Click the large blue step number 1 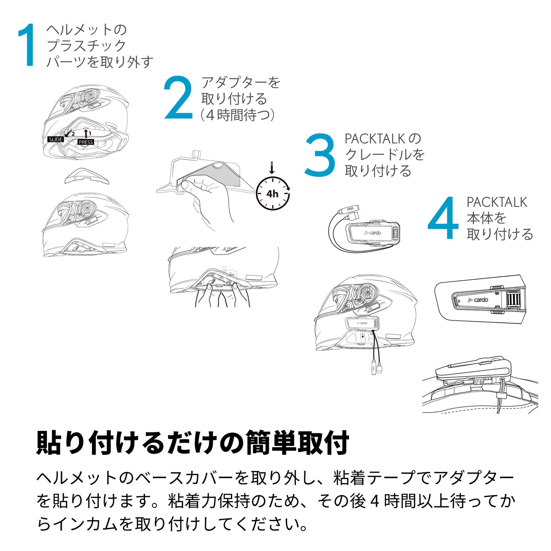tap(27, 45)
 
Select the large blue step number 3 tap(320, 154)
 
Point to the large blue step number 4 tap(443, 218)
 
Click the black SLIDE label tap(55, 139)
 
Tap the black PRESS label tap(86, 142)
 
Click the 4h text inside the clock tap(272, 194)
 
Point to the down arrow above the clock tap(271, 168)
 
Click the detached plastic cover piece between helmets tap(87, 175)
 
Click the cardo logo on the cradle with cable tap(372, 233)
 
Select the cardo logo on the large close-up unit tap(478, 300)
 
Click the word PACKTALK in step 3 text tap(375, 139)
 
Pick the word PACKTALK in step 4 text tap(497, 202)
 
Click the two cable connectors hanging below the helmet tap(377, 368)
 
